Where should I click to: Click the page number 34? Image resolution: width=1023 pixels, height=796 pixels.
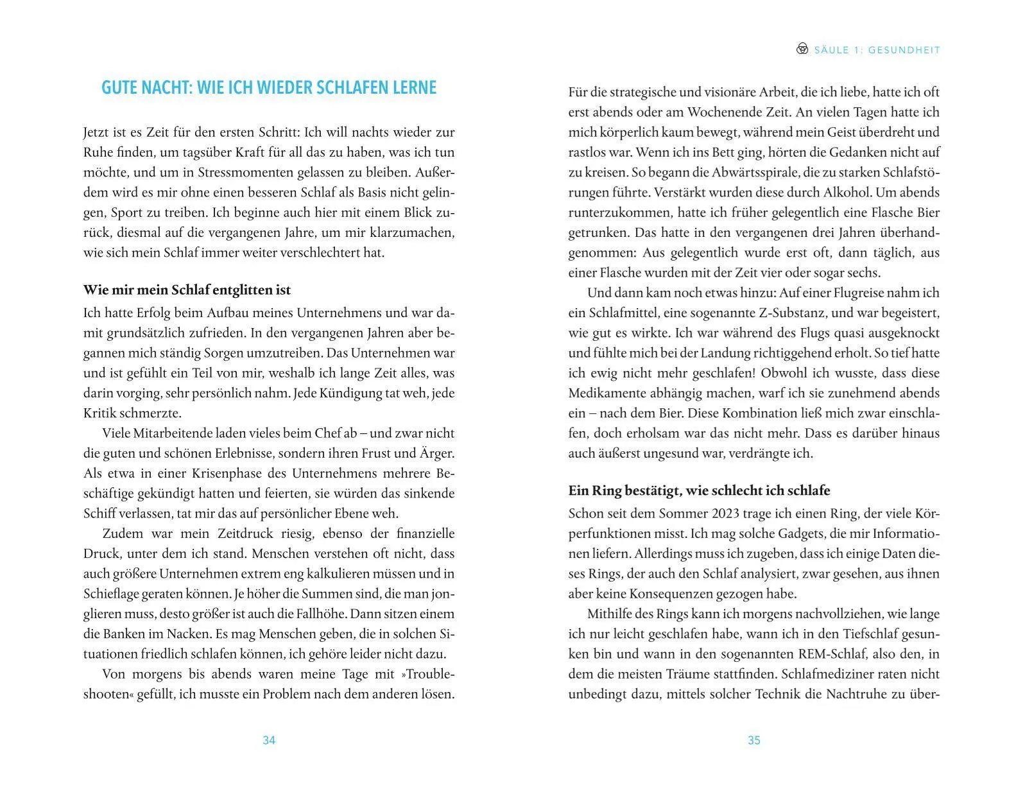269,740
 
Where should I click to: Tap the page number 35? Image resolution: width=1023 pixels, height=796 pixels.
754,740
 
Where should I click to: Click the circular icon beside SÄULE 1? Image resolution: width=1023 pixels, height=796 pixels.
802,49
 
